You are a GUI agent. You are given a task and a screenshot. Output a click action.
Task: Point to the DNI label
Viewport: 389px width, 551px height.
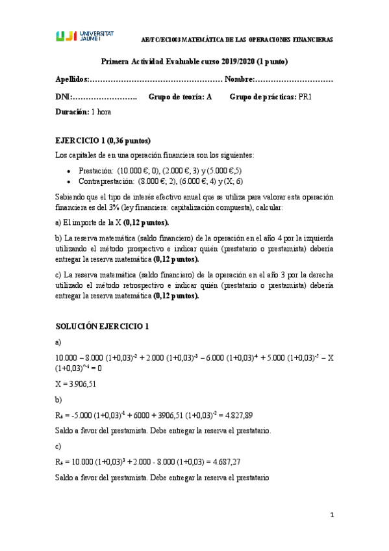tap(62, 97)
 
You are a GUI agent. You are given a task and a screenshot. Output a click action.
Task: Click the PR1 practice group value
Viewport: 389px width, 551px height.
tap(306, 97)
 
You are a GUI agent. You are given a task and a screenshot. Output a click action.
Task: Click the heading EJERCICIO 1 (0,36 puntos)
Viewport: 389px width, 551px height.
tap(103, 140)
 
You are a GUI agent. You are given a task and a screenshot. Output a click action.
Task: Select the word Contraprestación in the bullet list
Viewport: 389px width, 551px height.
tap(107, 181)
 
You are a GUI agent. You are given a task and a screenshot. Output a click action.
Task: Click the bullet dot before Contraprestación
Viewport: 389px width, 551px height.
tap(69, 181)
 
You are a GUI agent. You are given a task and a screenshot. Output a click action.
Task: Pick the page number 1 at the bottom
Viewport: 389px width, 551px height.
tap(331, 515)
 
